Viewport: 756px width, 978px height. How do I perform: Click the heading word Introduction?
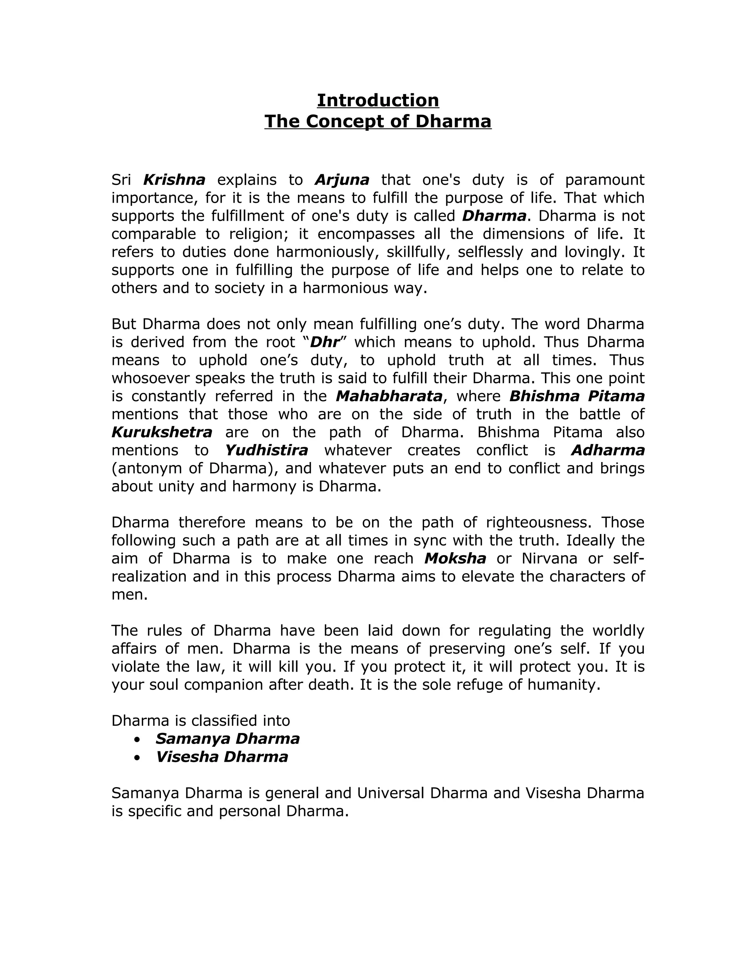[x=378, y=100]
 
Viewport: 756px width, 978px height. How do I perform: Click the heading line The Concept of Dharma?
[x=378, y=121]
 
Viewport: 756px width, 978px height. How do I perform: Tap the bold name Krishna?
[x=174, y=180]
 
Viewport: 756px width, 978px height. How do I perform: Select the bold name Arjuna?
[x=342, y=180]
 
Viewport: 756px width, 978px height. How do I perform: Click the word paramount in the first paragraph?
[x=604, y=180]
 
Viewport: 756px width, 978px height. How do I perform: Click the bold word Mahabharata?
[x=389, y=396]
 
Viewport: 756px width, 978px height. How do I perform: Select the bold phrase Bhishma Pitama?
[x=577, y=396]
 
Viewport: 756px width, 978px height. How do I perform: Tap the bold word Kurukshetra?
[x=162, y=433]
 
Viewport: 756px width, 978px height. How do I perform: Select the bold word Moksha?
[x=455, y=559]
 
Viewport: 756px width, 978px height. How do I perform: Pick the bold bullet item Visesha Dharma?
[x=222, y=757]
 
